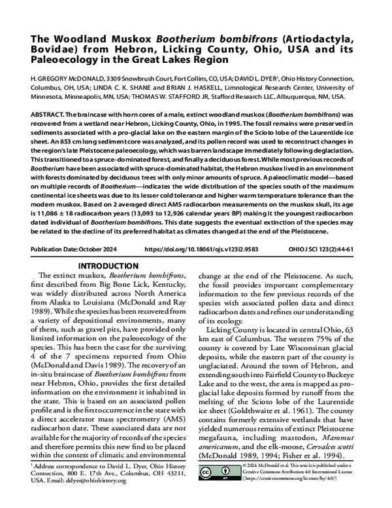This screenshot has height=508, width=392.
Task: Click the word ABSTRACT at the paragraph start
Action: pyautogui.click(x=50, y=114)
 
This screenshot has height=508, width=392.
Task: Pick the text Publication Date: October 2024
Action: pyautogui.click(x=75, y=250)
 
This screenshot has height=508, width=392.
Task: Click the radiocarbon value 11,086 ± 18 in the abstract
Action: pyautogui.click(x=98, y=224)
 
